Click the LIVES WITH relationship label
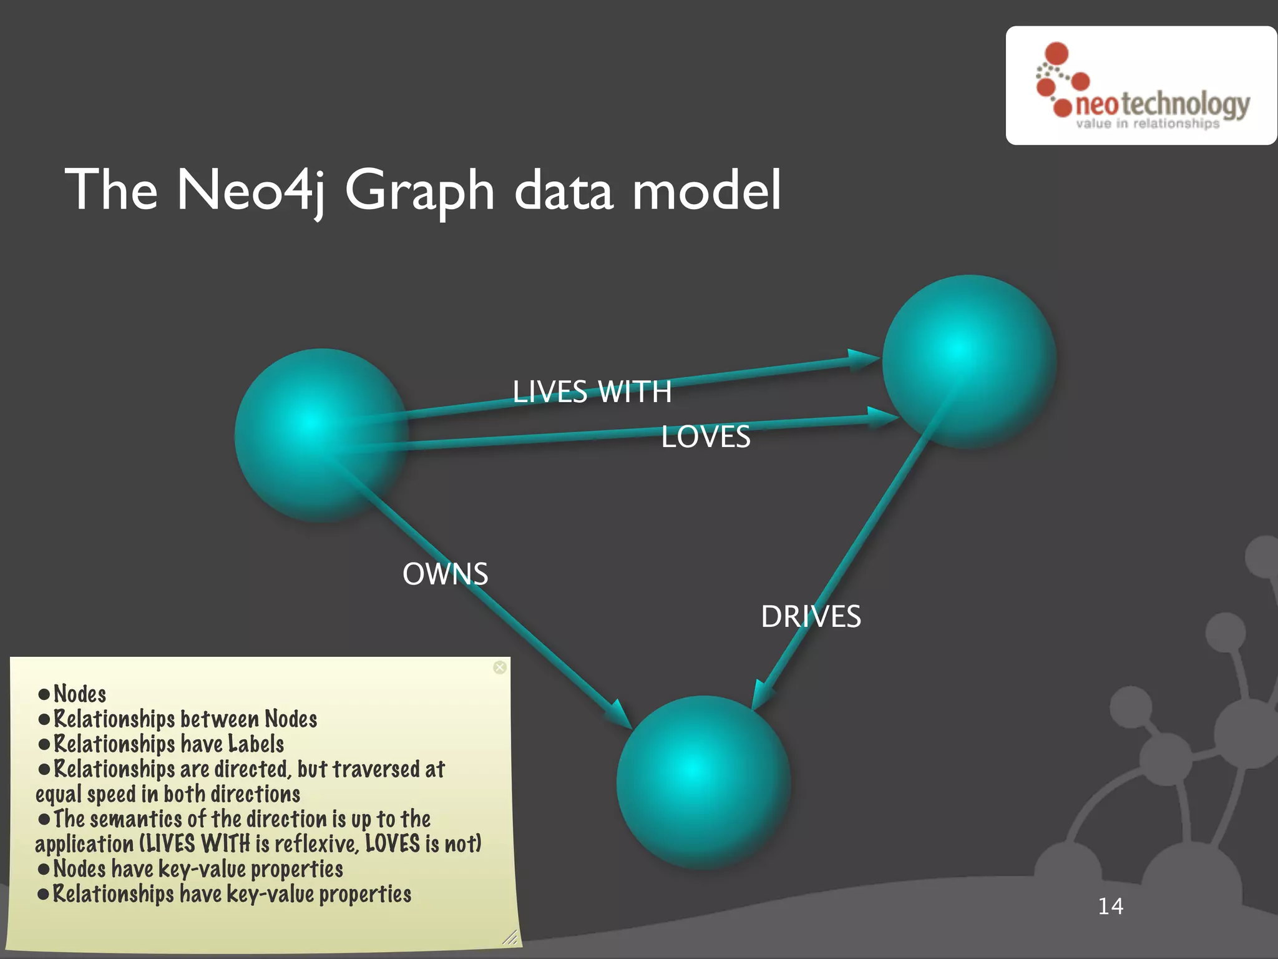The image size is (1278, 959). click(x=592, y=392)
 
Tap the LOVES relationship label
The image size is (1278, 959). click(x=705, y=436)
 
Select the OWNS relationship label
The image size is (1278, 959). click(x=445, y=574)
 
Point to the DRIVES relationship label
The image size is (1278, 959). click(x=811, y=617)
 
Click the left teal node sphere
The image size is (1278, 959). click(x=321, y=435)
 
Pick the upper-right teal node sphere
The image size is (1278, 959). click(x=968, y=361)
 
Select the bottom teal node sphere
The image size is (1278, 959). click(x=703, y=782)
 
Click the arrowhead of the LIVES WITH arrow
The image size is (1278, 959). click(x=864, y=360)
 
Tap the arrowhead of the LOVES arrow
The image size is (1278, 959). click(x=882, y=416)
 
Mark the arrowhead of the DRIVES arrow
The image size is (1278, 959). click(x=761, y=696)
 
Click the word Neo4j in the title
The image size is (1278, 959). click(x=251, y=190)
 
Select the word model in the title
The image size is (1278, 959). click(x=706, y=190)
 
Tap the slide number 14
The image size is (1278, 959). click(x=1110, y=906)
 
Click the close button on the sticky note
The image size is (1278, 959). click(x=500, y=667)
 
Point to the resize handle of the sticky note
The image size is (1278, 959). click(x=510, y=937)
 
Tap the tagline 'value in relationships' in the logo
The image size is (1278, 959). click(x=1147, y=124)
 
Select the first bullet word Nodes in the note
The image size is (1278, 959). click(x=80, y=694)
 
